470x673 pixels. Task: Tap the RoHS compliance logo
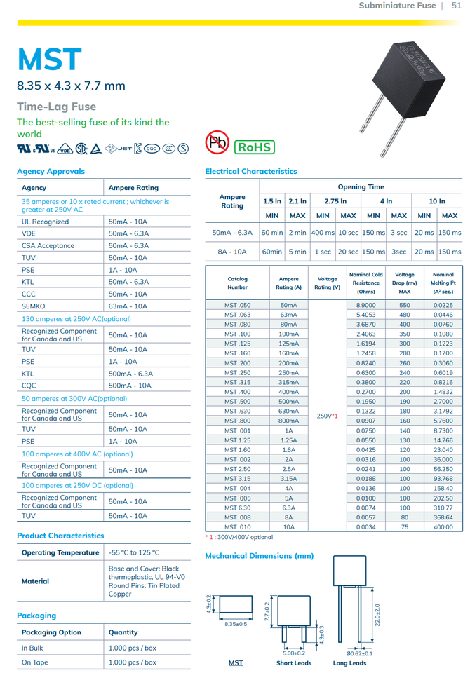[254, 147]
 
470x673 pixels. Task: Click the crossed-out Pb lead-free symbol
[217, 142]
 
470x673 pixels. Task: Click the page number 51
[456, 6]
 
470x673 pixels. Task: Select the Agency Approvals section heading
[51, 171]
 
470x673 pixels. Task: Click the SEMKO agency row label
[35, 306]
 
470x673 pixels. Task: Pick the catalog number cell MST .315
[237, 383]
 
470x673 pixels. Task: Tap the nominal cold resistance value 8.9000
[365, 306]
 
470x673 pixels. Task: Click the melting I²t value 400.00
[443, 526]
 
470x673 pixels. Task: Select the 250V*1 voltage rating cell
[327, 416]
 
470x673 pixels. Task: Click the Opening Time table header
[361, 187]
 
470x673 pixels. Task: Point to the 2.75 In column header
[335, 201]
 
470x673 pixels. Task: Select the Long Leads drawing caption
[349, 662]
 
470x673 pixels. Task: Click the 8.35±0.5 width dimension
[235, 624]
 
